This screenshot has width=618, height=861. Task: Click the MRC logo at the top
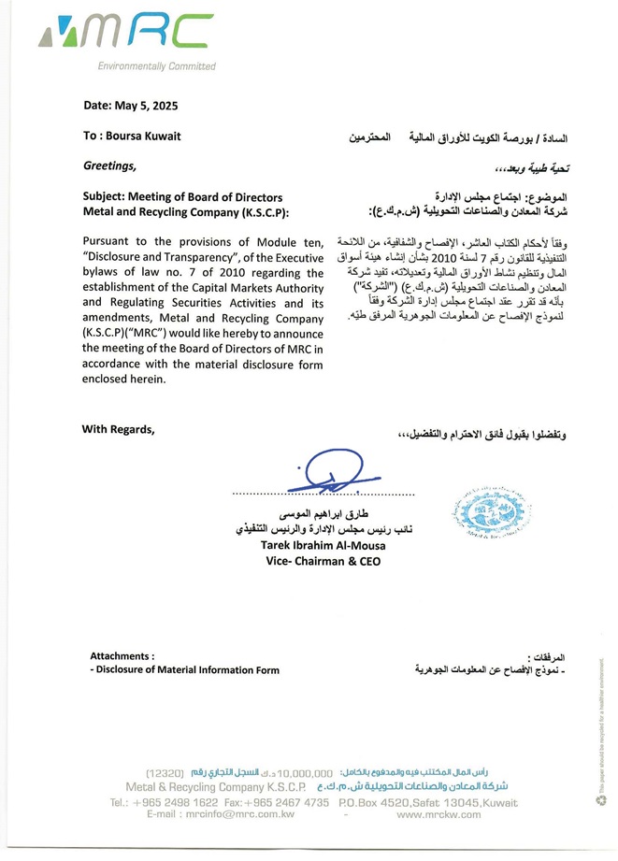tap(125, 36)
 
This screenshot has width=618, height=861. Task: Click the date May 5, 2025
tap(130, 106)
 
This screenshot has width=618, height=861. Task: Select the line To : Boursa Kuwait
tap(132, 136)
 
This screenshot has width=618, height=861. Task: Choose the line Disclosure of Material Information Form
tap(187, 670)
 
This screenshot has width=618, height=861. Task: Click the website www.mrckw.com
tap(438, 815)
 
